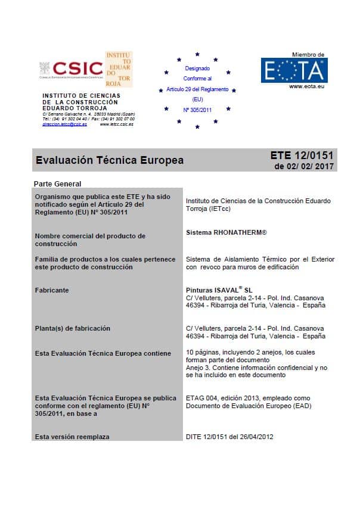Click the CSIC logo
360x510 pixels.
coord(71,69)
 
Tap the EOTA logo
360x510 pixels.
coord(294,71)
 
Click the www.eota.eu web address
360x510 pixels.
coord(306,86)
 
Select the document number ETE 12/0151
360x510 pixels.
coord(302,156)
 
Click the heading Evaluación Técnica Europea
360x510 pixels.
coord(110,160)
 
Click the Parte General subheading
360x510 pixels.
coord(57,184)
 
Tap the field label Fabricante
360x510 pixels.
coord(52,290)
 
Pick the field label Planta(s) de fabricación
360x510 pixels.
coord(72,328)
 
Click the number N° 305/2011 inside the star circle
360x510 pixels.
coord(197,109)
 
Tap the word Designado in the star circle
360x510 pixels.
coord(197,69)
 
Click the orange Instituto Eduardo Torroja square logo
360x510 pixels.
coord(119,69)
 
